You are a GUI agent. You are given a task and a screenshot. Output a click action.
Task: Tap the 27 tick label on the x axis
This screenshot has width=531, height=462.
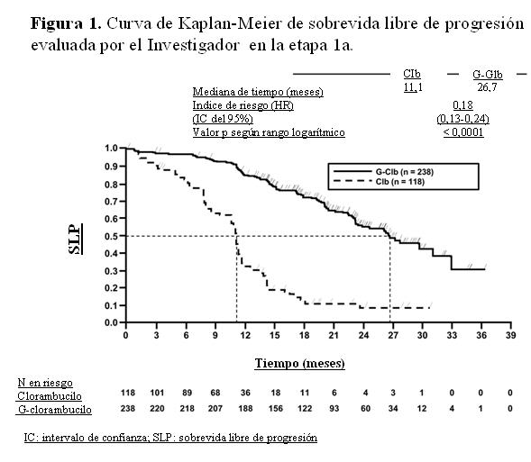click(x=393, y=335)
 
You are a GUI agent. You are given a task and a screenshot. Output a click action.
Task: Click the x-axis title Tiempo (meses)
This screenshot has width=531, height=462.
click(x=299, y=364)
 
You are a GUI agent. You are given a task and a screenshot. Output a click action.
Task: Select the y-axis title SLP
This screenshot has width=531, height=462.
click(x=75, y=240)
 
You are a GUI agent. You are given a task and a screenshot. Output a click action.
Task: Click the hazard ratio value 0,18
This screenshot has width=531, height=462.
click(x=462, y=105)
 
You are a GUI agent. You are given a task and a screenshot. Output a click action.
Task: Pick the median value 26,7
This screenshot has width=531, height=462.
click(x=487, y=87)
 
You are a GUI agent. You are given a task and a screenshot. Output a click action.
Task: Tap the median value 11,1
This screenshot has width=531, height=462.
click(x=413, y=87)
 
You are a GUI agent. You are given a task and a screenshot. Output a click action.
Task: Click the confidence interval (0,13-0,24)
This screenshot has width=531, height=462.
click(x=462, y=119)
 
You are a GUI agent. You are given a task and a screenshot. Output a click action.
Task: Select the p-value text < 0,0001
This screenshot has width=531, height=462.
click(x=463, y=132)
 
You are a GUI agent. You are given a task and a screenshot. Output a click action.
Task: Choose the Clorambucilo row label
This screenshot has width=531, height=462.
click(x=50, y=396)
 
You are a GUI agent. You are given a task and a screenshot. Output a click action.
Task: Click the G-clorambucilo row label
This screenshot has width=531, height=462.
click(x=54, y=410)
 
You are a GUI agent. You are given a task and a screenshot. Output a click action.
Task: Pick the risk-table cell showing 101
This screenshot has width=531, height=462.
click(x=157, y=393)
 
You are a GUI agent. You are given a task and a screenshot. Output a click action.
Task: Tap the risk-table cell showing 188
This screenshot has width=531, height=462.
click(x=245, y=409)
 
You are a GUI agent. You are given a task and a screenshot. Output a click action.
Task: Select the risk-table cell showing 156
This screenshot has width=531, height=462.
click(x=276, y=409)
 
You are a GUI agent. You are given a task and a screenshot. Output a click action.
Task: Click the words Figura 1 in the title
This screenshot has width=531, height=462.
click(x=66, y=24)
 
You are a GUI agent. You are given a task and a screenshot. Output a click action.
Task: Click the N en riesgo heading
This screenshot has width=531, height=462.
click(x=45, y=383)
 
